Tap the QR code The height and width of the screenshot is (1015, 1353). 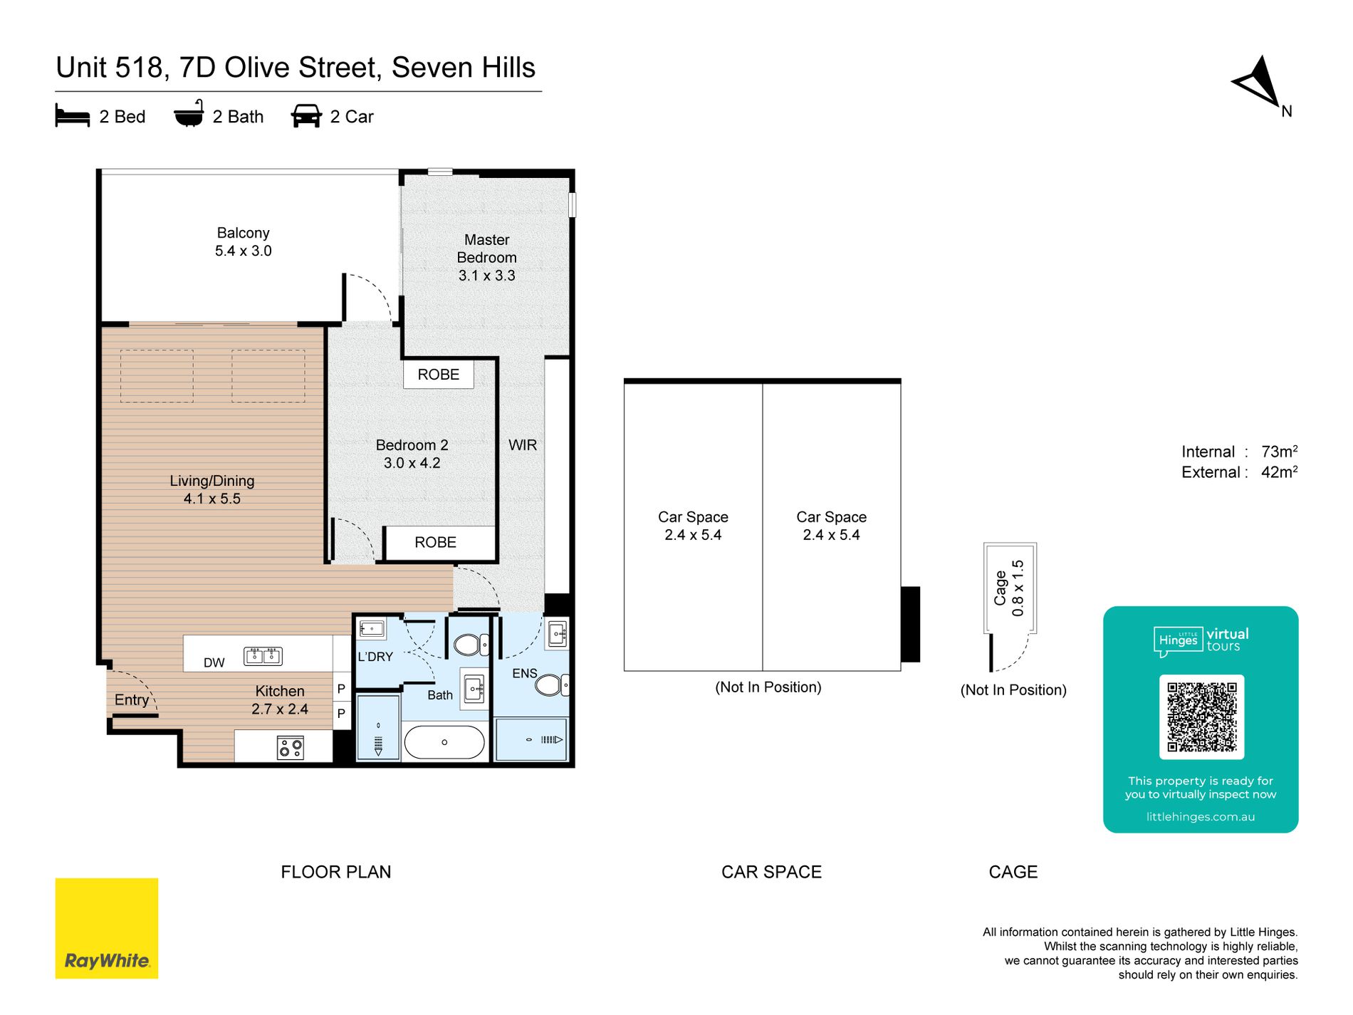pos(1201,717)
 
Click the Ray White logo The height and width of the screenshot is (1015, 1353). pos(107,928)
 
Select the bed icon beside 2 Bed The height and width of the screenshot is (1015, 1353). pos(72,116)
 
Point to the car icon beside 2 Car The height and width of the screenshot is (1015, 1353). pos(306,116)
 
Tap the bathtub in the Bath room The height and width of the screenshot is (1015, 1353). pos(444,742)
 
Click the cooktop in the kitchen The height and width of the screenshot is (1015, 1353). pos(291,748)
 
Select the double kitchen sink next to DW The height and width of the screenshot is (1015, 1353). pos(263,656)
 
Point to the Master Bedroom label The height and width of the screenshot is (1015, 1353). pos(487,249)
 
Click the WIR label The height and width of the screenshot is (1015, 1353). pos(523,445)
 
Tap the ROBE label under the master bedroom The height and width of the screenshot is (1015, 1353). pos(439,375)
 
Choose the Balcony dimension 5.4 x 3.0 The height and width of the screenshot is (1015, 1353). pos(244,251)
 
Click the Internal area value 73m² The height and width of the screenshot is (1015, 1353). pos(1279,452)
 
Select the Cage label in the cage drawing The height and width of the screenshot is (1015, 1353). pos(1001,588)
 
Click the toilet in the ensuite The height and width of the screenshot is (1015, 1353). pos(550,685)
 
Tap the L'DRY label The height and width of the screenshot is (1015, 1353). pos(375,657)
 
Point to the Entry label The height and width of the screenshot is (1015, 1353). pos(132,700)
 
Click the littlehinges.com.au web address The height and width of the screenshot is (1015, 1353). pos(1201,817)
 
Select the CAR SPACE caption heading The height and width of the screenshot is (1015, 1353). pos(771,872)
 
